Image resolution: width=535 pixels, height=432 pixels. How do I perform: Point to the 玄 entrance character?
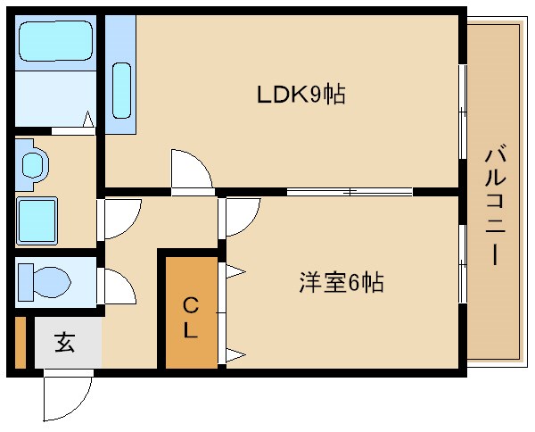[64, 342]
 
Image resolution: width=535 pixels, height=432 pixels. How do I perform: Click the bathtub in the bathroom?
[54, 42]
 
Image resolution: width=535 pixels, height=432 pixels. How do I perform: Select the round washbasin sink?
[33, 164]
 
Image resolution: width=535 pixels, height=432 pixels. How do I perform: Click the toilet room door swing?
[119, 288]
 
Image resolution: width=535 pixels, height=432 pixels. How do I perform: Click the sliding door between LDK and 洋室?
[350, 191]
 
